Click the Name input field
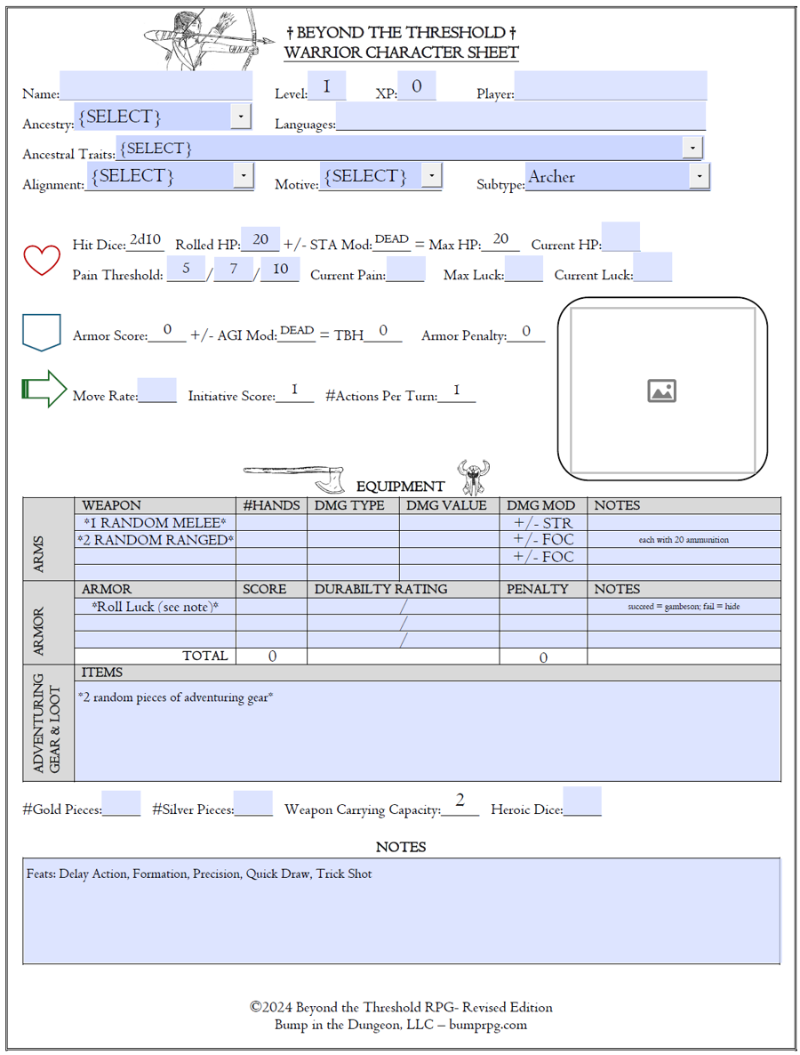pos(156,86)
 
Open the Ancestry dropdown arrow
pos(240,117)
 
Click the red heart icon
pos(41,259)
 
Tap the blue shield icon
pos(41,332)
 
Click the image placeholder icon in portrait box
pos(661,391)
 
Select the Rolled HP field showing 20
pos(260,240)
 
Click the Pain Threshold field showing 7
pos(234,269)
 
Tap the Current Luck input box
pos(653,268)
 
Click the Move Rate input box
pos(157,391)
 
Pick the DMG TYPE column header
pos(349,505)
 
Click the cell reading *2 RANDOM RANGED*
pos(156,540)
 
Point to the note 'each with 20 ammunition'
pos(684,540)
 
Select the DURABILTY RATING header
pos(380,589)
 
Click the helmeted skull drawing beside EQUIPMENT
pos(474,478)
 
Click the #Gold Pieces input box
pos(121,804)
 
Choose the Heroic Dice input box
pos(582,801)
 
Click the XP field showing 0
pos(416,87)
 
